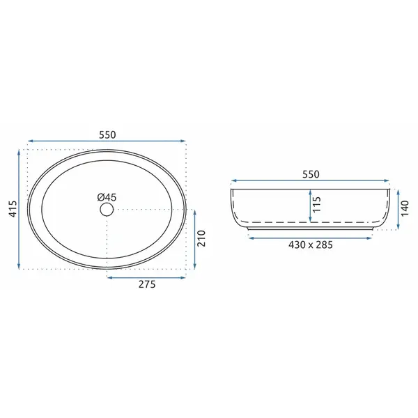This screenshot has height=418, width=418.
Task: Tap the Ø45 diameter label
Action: [107, 197]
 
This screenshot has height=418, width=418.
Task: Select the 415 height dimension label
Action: [13, 209]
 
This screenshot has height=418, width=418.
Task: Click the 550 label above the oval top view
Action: [107, 135]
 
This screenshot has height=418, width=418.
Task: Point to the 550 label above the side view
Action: [311, 174]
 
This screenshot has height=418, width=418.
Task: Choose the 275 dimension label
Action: [147, 284]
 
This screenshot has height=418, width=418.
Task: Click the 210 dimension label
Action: [202, 238]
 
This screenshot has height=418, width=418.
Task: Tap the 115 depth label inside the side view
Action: [317, 204]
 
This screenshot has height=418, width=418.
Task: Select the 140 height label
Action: [405, 209]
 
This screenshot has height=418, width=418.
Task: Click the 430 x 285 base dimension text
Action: [311, 245]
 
